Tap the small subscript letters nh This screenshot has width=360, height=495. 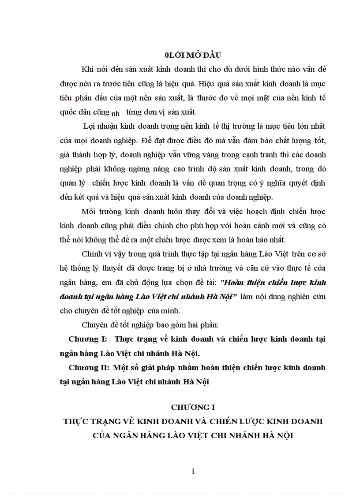[116, 113]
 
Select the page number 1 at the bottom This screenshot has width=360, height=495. [193, 472]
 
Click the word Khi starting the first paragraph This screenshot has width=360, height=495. [87, 69]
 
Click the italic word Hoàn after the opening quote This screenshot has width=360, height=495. [240, 283]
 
